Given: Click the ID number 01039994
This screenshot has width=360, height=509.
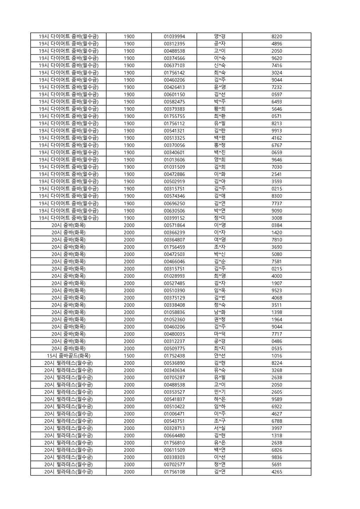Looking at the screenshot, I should point(174,37).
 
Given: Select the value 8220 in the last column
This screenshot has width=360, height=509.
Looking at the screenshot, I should point(277,37).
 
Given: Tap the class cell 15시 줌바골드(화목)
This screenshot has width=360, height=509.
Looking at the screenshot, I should point(69,356).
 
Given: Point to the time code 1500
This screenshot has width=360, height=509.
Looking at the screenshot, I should point(129,356).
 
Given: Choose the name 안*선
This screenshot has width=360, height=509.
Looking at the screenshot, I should point(220,356).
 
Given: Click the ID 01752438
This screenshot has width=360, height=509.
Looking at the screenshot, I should point(174,356).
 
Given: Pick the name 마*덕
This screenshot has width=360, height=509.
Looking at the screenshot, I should point(220,334).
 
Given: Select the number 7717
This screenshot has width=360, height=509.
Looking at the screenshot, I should point(277,334).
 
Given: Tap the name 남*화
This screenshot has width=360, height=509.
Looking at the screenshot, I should point(220,312).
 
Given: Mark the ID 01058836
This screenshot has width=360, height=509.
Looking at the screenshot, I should point(174,312).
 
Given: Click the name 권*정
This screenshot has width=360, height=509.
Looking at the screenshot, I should point(220,320).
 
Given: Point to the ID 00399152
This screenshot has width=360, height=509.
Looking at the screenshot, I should point(174,218).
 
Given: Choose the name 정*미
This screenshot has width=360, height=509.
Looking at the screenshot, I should point(220,218).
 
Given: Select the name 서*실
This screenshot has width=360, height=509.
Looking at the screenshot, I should point(220,428).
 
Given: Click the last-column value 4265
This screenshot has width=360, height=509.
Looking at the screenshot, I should point(277,472).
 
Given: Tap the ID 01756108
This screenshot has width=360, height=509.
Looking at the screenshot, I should point(174,472).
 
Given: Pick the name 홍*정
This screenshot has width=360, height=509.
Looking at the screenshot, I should point(220,145).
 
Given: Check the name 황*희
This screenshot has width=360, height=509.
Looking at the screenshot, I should point(220,109).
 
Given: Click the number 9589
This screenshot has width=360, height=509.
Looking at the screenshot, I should point(277,399).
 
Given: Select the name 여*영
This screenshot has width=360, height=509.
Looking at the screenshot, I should point(220,240).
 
